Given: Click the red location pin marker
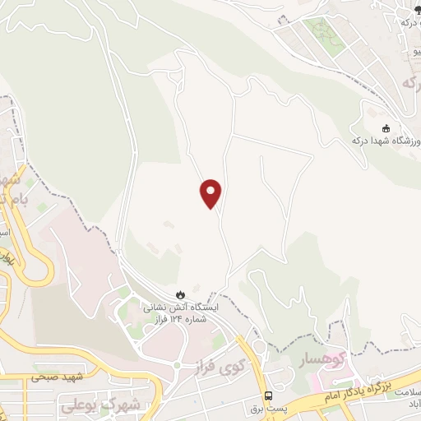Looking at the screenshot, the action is [211, 193].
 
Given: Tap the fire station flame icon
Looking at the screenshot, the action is [180, 294].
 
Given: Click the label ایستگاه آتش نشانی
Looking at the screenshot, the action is [182, 307].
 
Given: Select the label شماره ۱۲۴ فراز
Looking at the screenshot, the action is [182, 317].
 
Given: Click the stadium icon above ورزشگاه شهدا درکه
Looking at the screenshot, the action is [386, 127].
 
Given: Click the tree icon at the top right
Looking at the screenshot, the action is [406, 7].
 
